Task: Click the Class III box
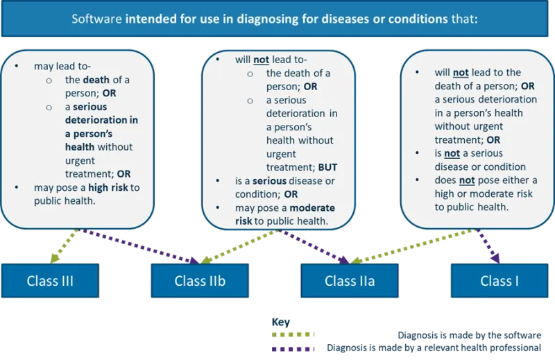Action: pos(50,281)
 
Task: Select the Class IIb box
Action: pos(200,281)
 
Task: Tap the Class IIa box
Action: pos(350,281)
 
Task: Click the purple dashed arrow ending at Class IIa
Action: pos(316,246)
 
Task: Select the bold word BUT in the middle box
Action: pos(327,166)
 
